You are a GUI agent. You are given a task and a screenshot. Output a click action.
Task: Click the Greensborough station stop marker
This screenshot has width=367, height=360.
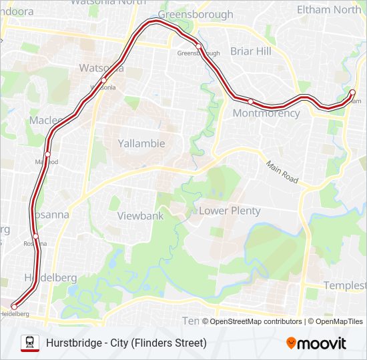pyautogui.click(x=198, y=46)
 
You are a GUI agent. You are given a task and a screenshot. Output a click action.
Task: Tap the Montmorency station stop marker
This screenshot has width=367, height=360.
pyautogui.click(x=250, y=101)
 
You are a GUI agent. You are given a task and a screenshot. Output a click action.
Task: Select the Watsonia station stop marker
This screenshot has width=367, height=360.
pyautogui.click(x=103, y=81)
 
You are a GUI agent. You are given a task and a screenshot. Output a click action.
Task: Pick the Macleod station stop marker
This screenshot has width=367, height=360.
pyautogui.click(x=47, y=154)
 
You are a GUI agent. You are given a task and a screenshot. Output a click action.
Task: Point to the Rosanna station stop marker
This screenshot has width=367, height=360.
pyautogui.click(x=35, y=236)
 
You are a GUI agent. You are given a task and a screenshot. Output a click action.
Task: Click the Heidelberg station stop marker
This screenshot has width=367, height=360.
pyautogui.click(x=14, y=307)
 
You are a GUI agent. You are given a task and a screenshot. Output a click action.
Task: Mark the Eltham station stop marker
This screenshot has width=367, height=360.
pyautogui.click(x=353, y=92)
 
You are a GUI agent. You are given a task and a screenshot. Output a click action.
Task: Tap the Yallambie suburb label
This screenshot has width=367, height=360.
pyautogui.click(x=141, y=143)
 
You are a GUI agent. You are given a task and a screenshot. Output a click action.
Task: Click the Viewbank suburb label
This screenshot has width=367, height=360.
pyautogui.click(x=140, y=216)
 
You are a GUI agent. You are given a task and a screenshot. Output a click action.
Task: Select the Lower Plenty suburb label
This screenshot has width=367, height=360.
pyautogui.click(x=230, y=211)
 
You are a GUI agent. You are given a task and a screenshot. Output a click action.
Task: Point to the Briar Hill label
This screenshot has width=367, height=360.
pyautogui.click(x=251, y=51)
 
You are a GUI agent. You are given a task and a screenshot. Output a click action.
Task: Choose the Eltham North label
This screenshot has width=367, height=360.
pyautogui.click(x=329, y=9)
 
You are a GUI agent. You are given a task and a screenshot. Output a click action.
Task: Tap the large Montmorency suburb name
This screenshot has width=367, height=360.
pyautogui.click(x=266, y=113)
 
